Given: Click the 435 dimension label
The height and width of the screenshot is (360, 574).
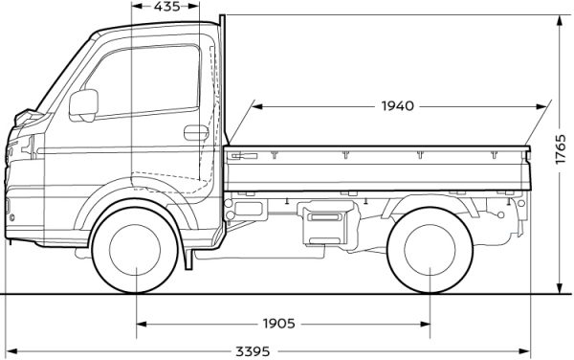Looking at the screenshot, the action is click(166, 7).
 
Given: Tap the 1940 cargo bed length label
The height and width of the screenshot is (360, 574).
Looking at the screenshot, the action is click(398, 106).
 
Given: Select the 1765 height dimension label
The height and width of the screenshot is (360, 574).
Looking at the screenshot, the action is click(561, 149).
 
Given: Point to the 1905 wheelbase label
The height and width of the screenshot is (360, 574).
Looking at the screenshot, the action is click(279, 324).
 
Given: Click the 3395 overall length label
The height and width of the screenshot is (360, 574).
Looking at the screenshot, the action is click(253, 352).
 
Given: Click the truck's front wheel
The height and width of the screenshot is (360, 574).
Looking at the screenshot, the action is click(135, 250).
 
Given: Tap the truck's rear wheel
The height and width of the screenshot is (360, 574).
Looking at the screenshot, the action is click(430, 250).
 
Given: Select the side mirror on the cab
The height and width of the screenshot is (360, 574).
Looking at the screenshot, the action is click(84, 105).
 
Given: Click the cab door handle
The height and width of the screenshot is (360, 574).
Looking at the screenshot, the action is click(196, 132).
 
